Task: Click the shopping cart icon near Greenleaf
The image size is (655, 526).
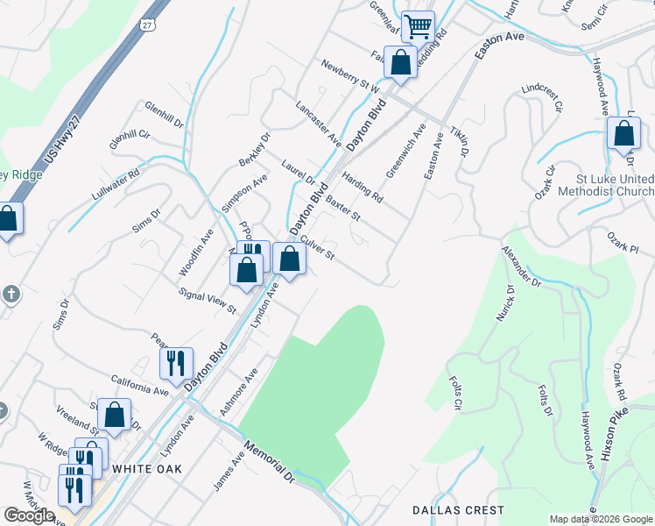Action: point(419,27)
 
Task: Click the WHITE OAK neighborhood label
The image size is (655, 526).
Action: point(147,469)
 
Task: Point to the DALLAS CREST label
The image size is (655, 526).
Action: point(458,509)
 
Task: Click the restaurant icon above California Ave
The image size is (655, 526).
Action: point(176,362)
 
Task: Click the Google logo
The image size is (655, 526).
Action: point(29,515)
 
